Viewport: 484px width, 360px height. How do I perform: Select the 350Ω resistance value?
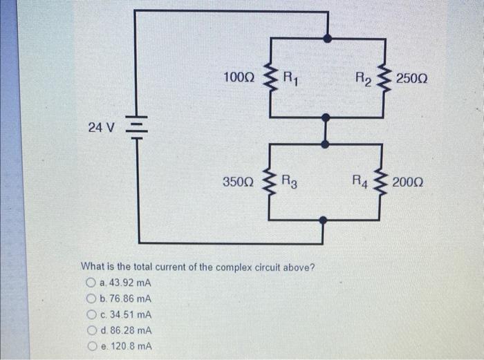click(239, 182)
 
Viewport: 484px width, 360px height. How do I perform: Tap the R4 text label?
click(360, 182)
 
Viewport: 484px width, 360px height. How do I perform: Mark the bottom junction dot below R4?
click(324, 220)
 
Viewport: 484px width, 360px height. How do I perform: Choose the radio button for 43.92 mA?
click(91, 283)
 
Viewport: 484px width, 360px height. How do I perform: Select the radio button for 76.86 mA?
click(91, 299)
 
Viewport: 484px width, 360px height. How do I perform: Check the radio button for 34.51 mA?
click(91, 315)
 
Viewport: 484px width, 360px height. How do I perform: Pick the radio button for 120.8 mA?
click(91, 346)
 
